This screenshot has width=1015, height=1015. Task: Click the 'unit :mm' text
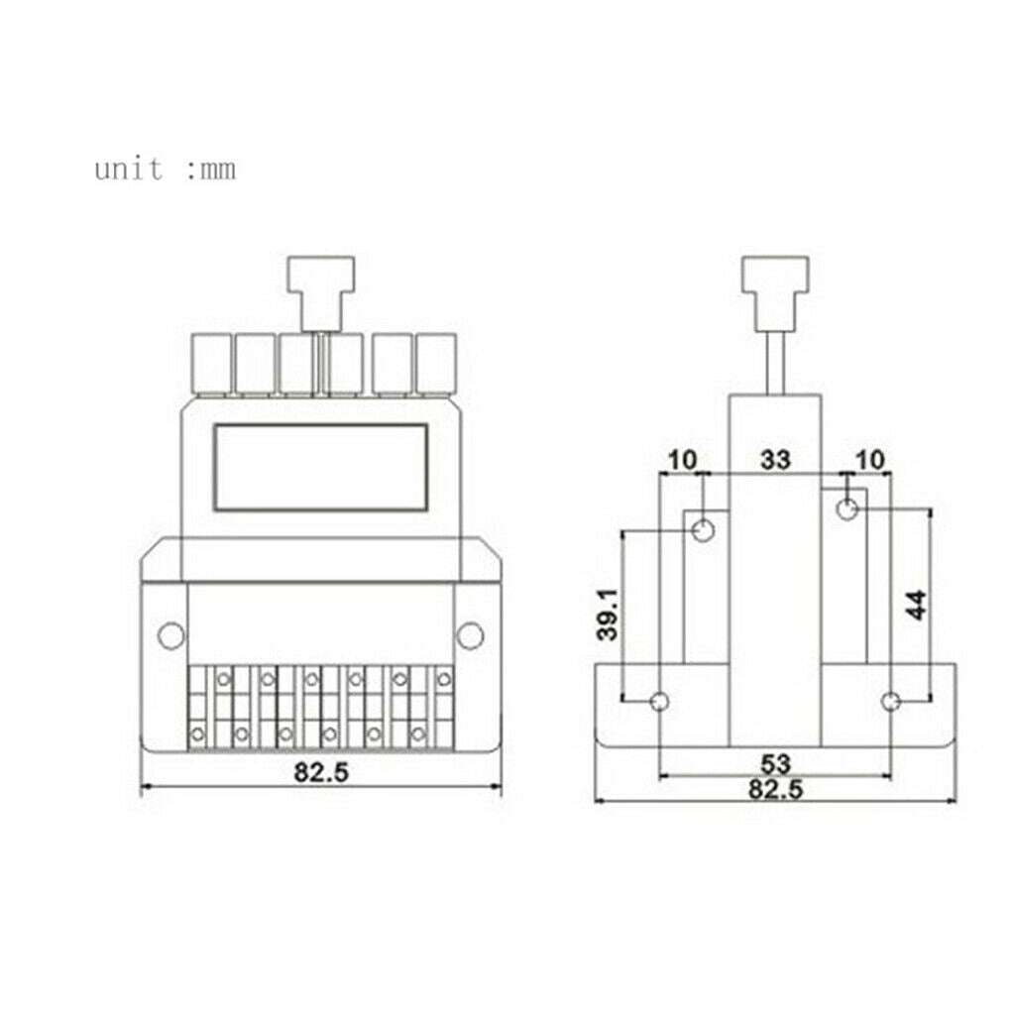click(x=166, y=169)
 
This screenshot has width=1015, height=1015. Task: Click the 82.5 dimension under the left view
click(x=321, y=771)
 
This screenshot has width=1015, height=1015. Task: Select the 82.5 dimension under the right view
click(x=775, y=789)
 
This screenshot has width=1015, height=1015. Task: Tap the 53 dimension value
click(x=775, y=764)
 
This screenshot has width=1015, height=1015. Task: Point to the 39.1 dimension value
click(x=608, y=615)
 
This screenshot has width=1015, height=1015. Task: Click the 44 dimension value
click(x=917, y=606)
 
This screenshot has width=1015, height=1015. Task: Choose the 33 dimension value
click(x=775, y=460)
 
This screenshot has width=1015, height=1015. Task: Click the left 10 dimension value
click(x=682, y=460)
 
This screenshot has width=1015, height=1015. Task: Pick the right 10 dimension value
click(x=870, y=460)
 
